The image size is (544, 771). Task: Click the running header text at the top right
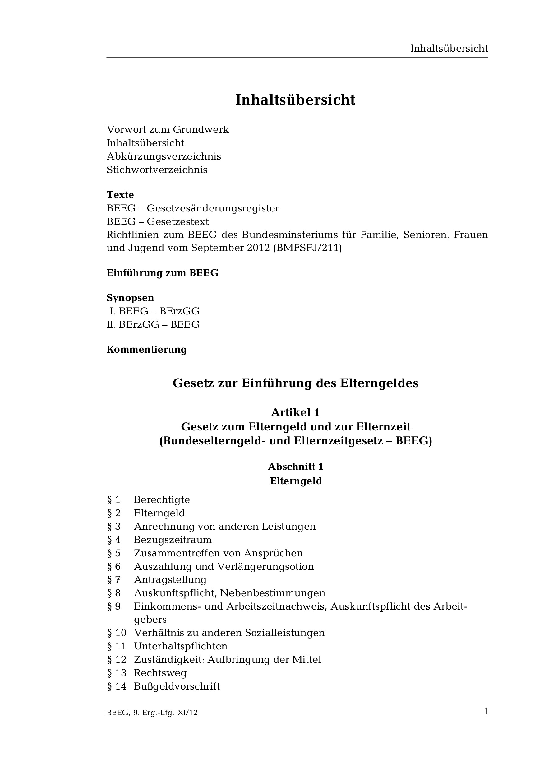coord(449,49)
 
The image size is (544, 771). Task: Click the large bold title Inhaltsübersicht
coord(295,100)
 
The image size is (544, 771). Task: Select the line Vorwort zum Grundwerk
coord(168,130)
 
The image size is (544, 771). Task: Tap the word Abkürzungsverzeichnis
coord(164,156)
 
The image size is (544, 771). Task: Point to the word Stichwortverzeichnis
coord(157,170)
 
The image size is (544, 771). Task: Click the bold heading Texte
coord(120,195)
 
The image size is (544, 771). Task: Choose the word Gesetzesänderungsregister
coord(213,208)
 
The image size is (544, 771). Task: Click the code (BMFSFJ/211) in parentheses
coord(307,248)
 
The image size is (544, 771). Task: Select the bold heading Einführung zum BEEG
coord(163,273)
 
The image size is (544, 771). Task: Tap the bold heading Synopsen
coord(130,298)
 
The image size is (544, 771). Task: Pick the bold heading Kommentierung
coord(147,350)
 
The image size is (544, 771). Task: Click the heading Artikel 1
coord(295,412)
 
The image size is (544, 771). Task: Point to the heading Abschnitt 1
coord(295,467)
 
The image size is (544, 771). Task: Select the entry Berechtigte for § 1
coord(162,500)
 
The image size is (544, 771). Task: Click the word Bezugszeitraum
coord(173,540)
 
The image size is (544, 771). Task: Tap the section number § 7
coord(114,580)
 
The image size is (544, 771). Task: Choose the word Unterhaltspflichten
coord(181,646)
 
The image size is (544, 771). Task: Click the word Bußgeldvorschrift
coord(177,686)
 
